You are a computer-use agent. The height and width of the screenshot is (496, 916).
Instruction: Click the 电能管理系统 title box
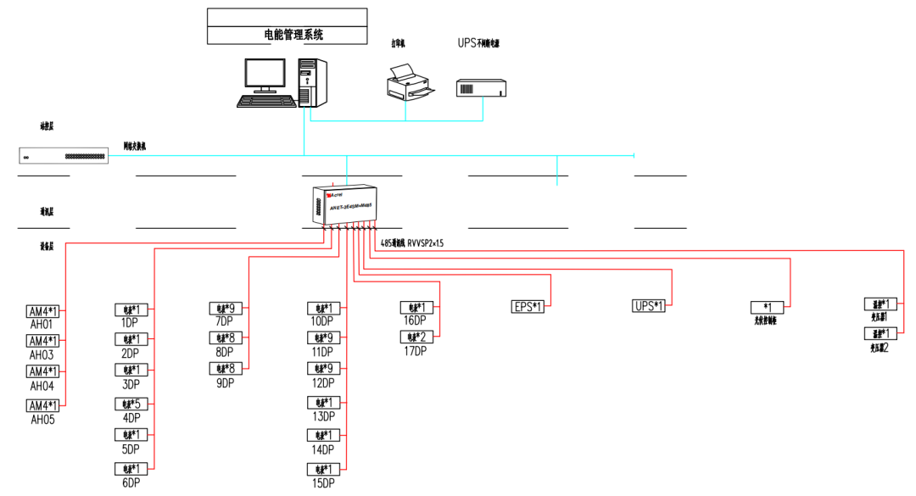coord(288,36)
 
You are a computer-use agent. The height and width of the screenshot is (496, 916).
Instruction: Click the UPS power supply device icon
coord(480,87)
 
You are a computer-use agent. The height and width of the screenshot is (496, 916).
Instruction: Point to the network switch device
coord(64,156)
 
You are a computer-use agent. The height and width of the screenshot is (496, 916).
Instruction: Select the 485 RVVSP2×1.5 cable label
coord(412,242)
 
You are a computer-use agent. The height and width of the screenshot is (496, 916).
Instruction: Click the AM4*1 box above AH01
coord(42,311)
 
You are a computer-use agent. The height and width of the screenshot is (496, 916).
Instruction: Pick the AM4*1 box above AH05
coord(42,405)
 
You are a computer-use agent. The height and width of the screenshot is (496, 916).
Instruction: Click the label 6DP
coord(130,482)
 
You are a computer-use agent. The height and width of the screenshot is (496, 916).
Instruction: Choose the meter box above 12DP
coord(323,369)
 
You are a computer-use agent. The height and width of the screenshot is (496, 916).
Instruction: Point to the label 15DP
coord(323,482)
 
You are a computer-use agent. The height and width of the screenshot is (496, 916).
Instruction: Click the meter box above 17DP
coord(416,337)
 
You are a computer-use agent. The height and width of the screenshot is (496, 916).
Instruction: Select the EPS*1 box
coord(528,306)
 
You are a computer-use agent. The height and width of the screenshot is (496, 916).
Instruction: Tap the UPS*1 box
coord(650,306)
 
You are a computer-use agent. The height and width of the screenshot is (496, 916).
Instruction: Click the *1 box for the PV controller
coord(766,307)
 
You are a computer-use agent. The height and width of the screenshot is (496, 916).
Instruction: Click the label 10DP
coord(323,322)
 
